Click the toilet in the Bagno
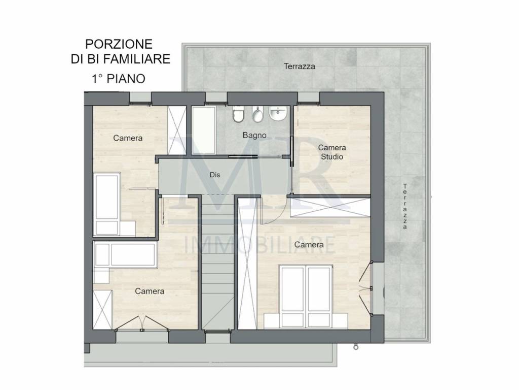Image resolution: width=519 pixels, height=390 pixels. click(x=238, y=115)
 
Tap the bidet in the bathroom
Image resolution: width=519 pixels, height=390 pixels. click(x=257, y=115)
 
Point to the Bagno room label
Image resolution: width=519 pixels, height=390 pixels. click(x=254, y=135)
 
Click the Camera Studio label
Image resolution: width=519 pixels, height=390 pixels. click(x=331, y=152)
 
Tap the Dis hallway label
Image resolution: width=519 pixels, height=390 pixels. click(x=215, y=174)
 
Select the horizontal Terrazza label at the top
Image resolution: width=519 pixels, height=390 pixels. click(x=300, y=66)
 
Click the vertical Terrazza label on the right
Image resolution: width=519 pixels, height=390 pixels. click(x=405, y=206)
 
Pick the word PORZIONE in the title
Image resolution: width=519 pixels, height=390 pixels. click(x=119, y=44)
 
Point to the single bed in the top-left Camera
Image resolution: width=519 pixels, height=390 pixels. click(x=107, y=203)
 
